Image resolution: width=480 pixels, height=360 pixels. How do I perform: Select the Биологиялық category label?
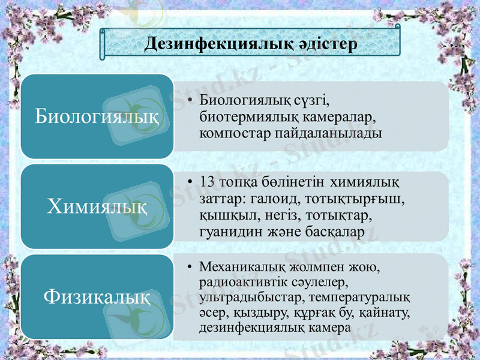(x=97, y=115)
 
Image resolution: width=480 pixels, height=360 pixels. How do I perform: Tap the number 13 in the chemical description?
(x=206, y=181)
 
